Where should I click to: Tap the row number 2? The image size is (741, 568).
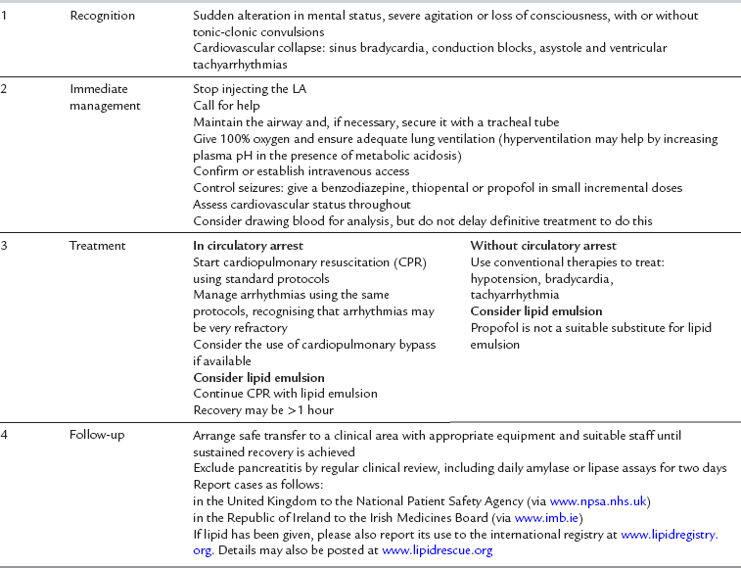(5, 89)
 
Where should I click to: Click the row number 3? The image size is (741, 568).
(5, 246)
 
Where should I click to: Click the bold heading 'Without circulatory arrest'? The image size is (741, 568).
(544, 246)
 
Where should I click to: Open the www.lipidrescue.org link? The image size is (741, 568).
(438, 551)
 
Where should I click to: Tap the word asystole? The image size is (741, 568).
(524, 48)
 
